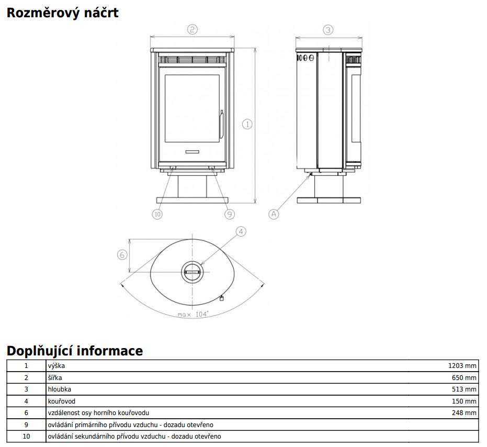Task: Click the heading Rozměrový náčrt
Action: click(x=62, y=13)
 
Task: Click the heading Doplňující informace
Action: click(x=74, y=350)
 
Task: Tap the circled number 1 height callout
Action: click(x=247, y=124)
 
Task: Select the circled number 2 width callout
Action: click(x=192, y=30)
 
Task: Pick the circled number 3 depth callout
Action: click(x=328, y=30)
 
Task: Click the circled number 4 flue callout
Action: click(x=240, y=231)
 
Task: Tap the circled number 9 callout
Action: click(x=230, y=214)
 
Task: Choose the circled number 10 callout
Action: click(x=157, y=214)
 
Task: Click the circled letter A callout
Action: click(x=274, y=214)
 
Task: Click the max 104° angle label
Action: click(x=192, y=314)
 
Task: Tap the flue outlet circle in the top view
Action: click(x=192, y=272)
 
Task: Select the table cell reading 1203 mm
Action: click(x=463, y=366)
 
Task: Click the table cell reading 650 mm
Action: click(x=465, y=378)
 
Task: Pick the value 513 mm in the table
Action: click(x=465, y=389)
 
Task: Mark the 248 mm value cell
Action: click(x=465, y=413)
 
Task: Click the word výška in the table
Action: click(x=56, y=366)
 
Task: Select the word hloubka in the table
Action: click(x=60, y=389)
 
